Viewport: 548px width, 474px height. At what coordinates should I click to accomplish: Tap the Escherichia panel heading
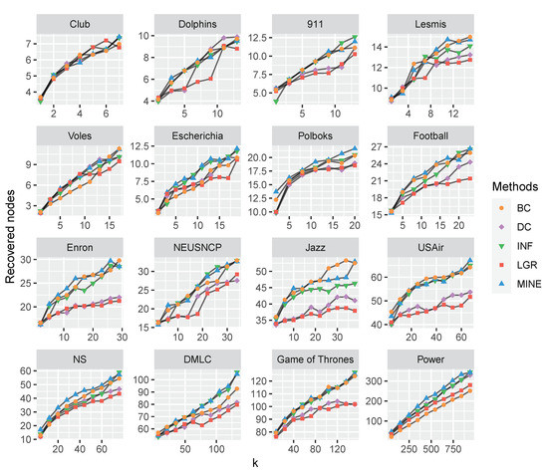[196, 131]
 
